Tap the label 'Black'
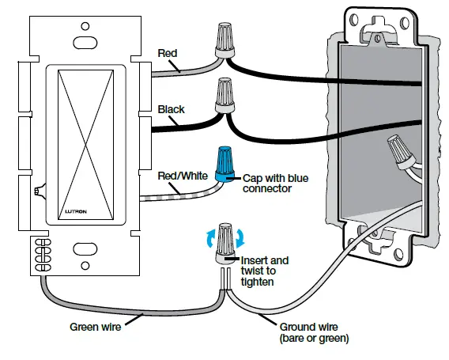point(172,109)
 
